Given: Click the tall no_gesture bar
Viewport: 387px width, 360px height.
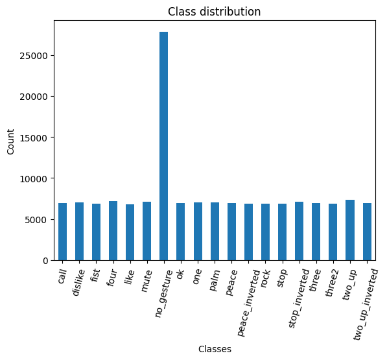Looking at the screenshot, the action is pos(163,146).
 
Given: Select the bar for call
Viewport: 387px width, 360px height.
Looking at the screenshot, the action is pos(62,232).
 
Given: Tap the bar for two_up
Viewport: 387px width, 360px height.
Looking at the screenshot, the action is pos(350,230).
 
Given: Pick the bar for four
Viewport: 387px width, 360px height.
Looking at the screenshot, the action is pos(113,231).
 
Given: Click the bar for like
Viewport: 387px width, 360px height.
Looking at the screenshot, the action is pos(130,232).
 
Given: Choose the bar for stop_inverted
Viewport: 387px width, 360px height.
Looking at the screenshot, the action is pos(299,231).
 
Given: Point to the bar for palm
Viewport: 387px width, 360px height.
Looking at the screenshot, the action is pos(215,232).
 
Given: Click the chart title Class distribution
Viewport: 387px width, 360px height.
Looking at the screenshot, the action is pos(214,12).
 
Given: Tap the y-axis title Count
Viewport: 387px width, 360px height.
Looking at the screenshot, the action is pos(10,141).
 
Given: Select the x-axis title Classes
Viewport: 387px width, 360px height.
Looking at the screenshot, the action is pos(215,349).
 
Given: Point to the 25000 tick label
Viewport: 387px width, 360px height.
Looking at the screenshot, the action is pos(34,56).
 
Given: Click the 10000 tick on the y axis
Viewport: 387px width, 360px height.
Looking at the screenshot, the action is pos(34,179).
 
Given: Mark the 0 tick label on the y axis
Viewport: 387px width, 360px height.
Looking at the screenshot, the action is pos(45,261).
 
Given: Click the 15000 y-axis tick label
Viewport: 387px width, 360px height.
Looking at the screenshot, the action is pos(34,138).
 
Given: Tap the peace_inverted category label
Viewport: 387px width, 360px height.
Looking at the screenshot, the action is pos(248,303).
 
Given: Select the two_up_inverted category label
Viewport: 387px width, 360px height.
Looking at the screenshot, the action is pos(366,305).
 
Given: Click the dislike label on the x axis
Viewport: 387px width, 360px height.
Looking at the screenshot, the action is pos(78,282).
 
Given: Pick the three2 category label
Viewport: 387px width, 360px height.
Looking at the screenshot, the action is pos(332,283).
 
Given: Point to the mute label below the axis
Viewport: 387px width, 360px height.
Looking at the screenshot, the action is pos(146,281).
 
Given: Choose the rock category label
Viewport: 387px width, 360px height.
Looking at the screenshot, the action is pos(265,278).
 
